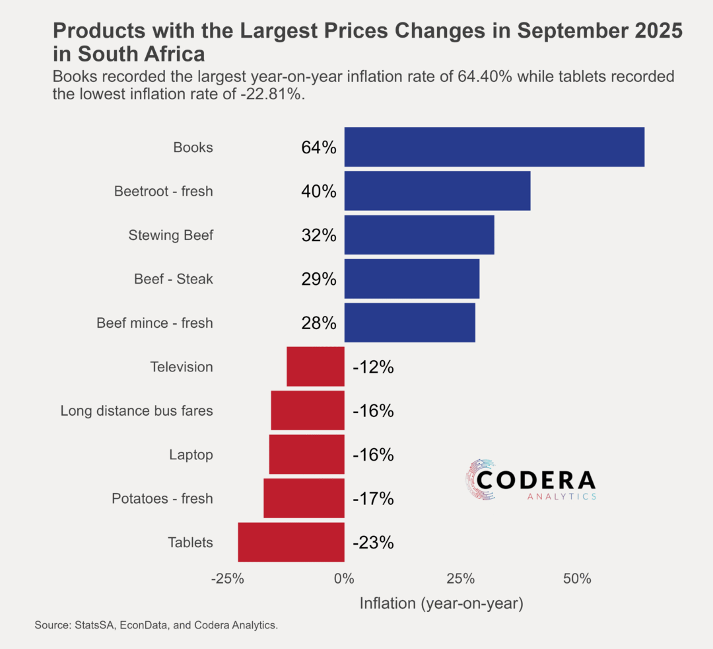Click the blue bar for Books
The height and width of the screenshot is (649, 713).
[x=494, y=147]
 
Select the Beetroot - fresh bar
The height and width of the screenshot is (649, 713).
[x=437, y=191]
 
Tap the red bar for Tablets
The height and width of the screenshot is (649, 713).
[x=291, y=543]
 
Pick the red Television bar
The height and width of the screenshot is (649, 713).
[x=316, y=367]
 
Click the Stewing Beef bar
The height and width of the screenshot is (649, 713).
[x=419, y=235]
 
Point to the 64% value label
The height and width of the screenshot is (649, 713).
[x=319, y=147]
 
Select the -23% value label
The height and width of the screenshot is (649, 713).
[x=373, y=543]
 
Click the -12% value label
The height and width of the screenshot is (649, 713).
[x=373, y=367]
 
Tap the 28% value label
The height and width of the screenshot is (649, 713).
[x=319, y=323]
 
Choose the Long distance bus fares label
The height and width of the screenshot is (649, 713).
[x=137, y=411]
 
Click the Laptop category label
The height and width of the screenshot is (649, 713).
[x=191, y=455]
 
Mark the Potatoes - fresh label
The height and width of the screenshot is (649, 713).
[x=162, y=499]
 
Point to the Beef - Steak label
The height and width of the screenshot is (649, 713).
[x=174, y=279]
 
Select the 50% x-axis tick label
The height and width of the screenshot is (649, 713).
[x=577, y=580]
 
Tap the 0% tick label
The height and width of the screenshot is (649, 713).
[x=344, y=580]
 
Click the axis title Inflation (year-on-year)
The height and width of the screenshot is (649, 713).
[x=441, y=603]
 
